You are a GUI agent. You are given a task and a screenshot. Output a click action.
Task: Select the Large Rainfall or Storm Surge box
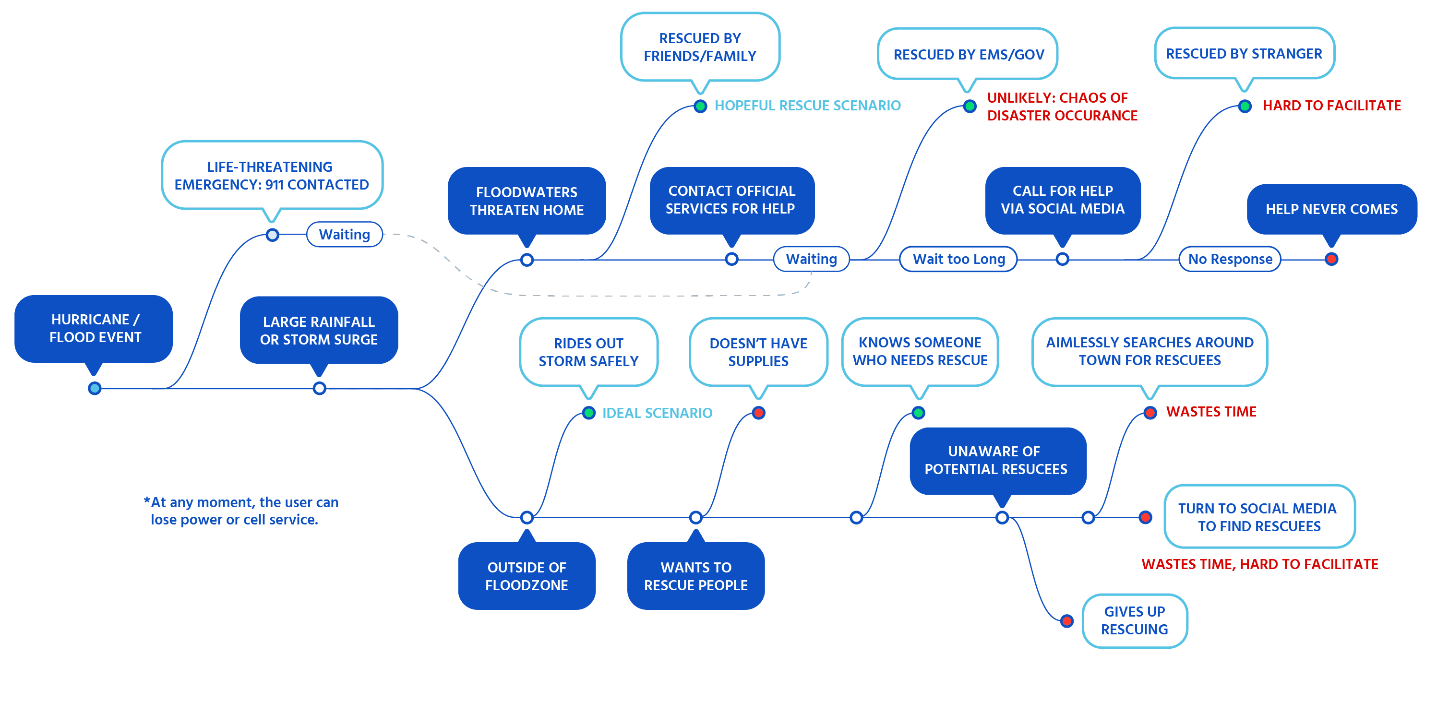click(319, 330)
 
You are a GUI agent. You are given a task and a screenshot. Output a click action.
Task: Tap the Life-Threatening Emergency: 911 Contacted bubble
click(272, 175)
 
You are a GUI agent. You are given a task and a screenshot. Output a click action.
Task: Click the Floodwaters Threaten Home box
click(527, 201)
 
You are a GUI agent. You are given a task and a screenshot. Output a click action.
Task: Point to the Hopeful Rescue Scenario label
click(807, 106)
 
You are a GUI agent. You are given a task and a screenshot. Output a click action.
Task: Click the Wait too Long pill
click(958, 259)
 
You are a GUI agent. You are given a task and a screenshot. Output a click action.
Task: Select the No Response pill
click(1230, 259)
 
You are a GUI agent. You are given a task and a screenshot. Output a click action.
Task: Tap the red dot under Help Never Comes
click(1331, 259)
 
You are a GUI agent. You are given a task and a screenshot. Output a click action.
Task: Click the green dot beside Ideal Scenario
click(588, 413)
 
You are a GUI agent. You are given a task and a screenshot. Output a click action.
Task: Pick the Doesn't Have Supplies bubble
click(758, 352)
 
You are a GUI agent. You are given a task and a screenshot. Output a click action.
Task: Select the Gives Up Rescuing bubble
click(1134, 620)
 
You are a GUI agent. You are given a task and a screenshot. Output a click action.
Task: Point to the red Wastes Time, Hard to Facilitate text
click(1259, 564)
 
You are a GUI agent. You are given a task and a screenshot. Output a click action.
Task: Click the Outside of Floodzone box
click(527, 576)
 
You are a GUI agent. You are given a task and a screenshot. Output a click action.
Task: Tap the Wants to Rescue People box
click(695, 576)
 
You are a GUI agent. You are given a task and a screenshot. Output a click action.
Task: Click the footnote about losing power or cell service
click(241, 511)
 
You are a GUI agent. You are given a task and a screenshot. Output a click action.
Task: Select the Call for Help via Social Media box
click(1062, 200)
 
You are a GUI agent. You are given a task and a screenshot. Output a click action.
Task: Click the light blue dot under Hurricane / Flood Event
click(95, 388)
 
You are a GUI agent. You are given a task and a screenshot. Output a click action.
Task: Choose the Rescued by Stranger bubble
click(1244, 54)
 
